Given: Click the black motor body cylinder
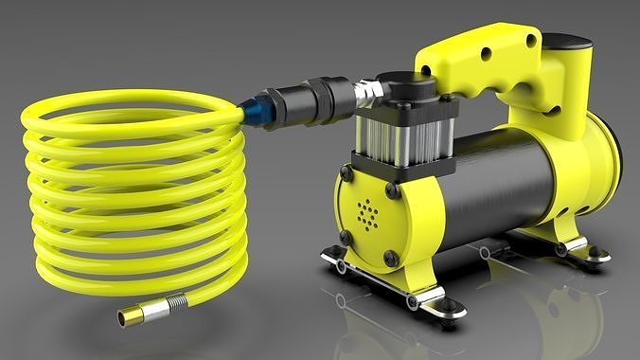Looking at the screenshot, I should click(x=501, y=180).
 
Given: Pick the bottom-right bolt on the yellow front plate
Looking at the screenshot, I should click(x=391, y=257).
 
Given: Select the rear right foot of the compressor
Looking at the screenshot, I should click(x=596, y=254).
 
